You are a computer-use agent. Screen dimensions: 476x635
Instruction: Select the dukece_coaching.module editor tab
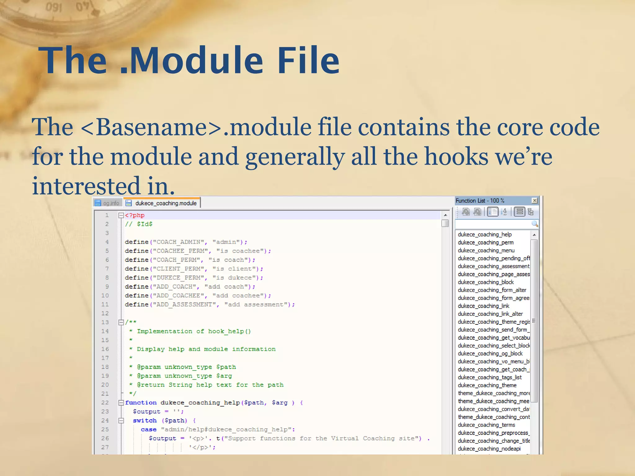coord(166,203)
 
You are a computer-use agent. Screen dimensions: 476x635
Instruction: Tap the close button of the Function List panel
coord(535,201)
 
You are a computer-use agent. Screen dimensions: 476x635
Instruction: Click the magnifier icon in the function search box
coord(535,223)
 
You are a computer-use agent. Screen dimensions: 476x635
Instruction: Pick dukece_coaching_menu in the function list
coord(486,250)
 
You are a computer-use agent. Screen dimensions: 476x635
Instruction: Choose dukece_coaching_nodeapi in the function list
coord(489,448)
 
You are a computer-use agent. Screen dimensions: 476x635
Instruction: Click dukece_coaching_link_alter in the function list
coord(490,314)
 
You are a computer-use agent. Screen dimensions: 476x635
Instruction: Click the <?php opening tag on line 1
coord(135,215)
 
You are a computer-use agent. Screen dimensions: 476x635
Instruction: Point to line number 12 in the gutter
coord(105,313)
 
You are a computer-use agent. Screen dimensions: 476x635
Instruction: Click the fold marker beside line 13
coord(121,322)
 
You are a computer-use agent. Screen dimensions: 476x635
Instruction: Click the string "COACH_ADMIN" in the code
coord(178,242)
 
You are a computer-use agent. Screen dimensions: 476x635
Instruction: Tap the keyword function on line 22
coord(141,403)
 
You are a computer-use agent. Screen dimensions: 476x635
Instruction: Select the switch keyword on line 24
coord(144,421)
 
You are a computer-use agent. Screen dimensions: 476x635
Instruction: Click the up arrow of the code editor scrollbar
coord(445,215)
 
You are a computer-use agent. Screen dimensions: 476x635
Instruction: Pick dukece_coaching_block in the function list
coord(486,282)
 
